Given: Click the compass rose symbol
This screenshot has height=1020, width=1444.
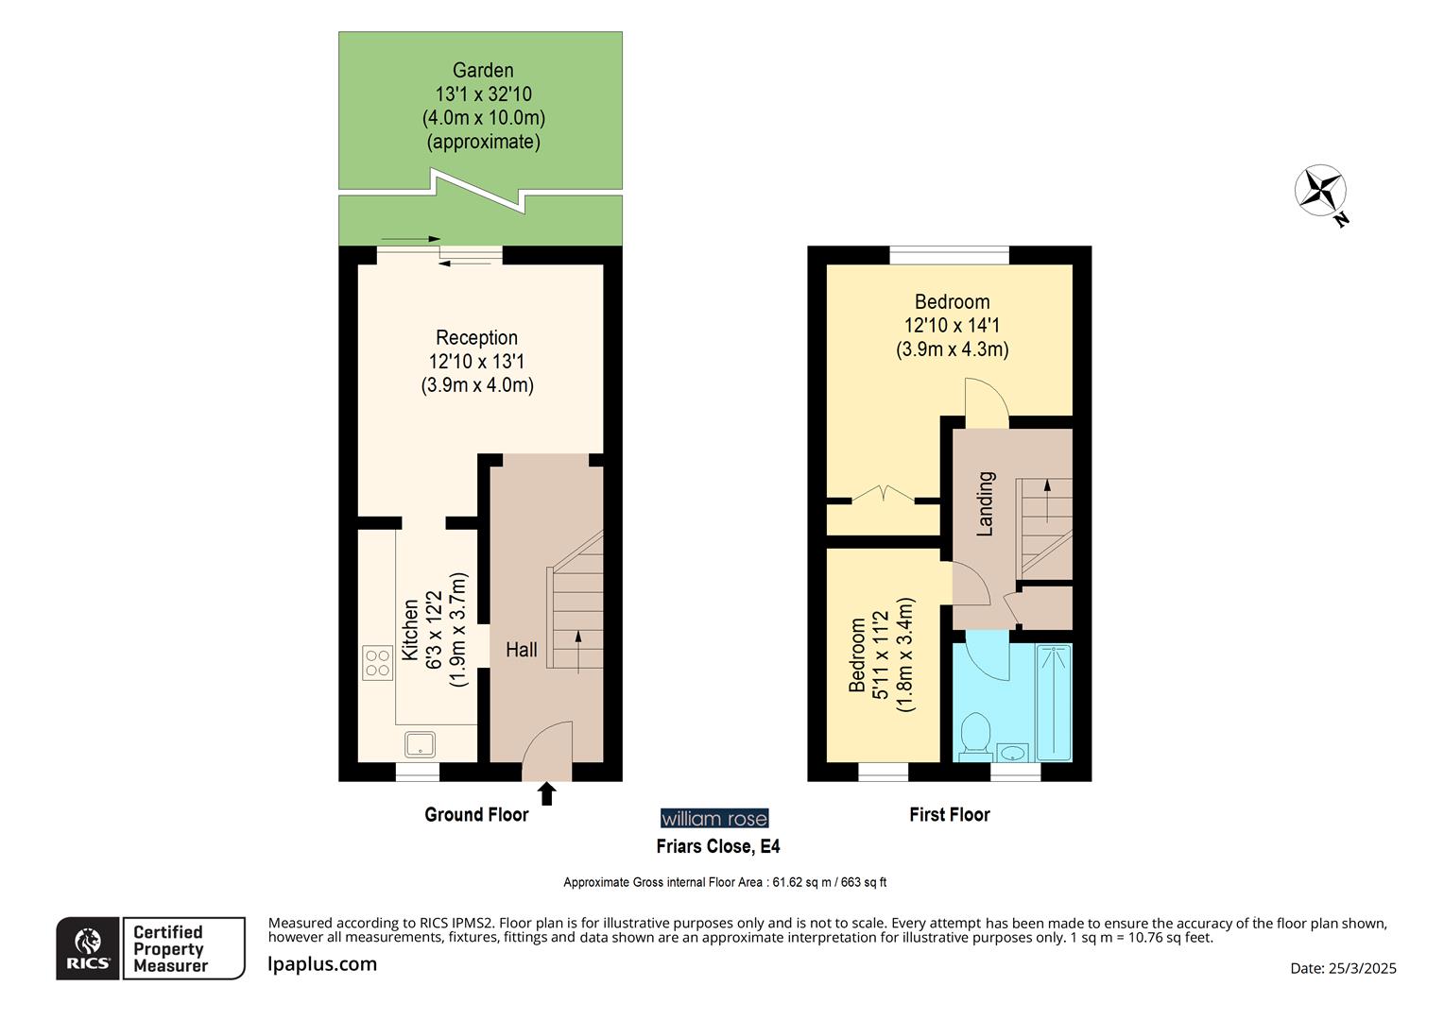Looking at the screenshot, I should [x=1320, y=192].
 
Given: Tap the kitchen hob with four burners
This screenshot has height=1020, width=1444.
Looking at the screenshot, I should [x=377, y=662].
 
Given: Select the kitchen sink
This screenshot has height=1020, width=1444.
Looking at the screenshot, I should [x=420, y=744].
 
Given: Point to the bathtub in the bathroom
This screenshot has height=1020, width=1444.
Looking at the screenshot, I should [x=1054, y=702].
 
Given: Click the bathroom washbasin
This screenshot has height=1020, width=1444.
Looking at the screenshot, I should [x=1013, y=753].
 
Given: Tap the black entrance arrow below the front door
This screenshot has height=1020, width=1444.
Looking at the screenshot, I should [x=546, y=793].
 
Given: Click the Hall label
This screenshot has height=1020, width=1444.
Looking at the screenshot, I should [x=521, y=650].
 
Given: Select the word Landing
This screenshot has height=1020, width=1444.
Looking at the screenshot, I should [x=986, y=503].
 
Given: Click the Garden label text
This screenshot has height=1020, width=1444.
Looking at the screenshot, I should [x=483, y=70].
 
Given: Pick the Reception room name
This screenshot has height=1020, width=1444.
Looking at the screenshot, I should [x=476, y=337].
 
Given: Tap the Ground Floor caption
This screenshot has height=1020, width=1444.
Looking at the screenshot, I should [x=476, y=814].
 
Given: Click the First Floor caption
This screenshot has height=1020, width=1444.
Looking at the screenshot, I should [x=949, y=814].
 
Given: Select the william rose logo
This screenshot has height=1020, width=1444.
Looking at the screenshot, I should [x=714, y=818].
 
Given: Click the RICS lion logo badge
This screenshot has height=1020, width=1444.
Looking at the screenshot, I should [x=88, y=948].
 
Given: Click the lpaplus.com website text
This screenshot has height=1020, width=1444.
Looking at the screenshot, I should [x=322, y=964].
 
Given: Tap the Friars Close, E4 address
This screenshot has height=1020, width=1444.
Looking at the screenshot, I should [x=718, y=846].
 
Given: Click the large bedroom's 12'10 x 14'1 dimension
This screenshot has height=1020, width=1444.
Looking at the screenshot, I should [x=952, y=326].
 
